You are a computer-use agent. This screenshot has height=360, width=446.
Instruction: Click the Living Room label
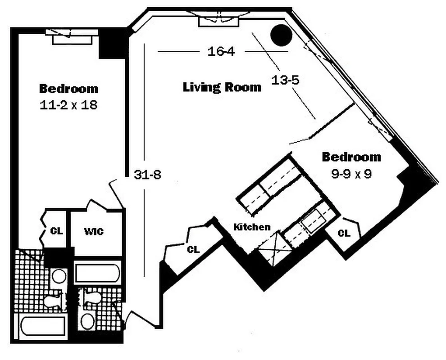pyautogui.click(x=222, y=87)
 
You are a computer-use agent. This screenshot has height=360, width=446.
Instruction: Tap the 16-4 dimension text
pyautogui.click(x=221, y=51)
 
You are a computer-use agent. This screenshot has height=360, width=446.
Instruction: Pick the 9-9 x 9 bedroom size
pyautogui.click(x=351, y=174)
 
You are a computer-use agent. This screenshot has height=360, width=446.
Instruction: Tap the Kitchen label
pyautogui.click(x=252, y=227)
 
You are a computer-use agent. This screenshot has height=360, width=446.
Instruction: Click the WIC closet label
pyautogui.click(x=94, y=232)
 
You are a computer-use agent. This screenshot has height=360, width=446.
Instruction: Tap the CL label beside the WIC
pyautogui.click(x=57, y=231)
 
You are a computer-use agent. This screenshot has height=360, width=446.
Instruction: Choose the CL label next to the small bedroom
pyautogui.click(x=344, y=233)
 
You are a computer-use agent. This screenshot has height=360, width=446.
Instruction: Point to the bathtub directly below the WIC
pyautogui.click(x=97, y=273)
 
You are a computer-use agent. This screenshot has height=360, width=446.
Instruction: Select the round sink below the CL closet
pyautogui.click(x=59, y=276)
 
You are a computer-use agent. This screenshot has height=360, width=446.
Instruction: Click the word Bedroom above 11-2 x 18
pyautogui.click(x=68, y=88)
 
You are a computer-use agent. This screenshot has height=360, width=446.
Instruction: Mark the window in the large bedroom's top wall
pyautogui.click(x=72, y=37)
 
